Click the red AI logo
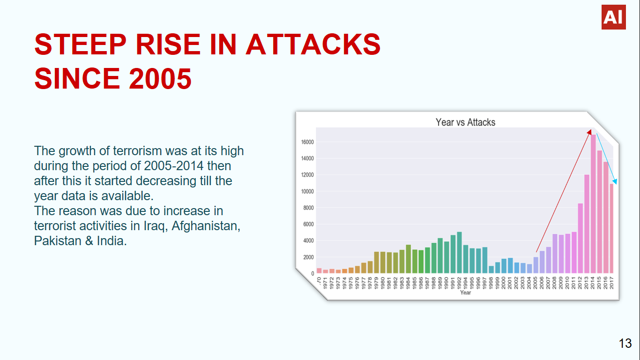(x=613, y=17)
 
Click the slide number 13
(x=625, y=344)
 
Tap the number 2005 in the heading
(x=160, y=78)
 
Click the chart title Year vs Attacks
(x=465, y=122)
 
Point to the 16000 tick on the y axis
(x=307, y=142)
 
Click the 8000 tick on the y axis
(x=309, y=208)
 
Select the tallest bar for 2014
(x=593, y=204)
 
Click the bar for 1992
(x=459, y=253)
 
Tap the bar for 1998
(x=491, y=270)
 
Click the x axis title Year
(x=465, y=293)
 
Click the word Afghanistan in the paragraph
(x=206, y=226)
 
